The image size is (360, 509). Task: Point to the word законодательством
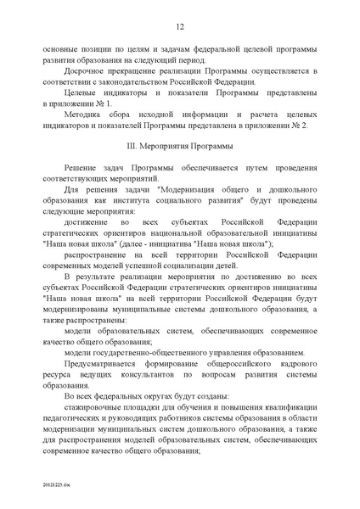pos(132,85)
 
